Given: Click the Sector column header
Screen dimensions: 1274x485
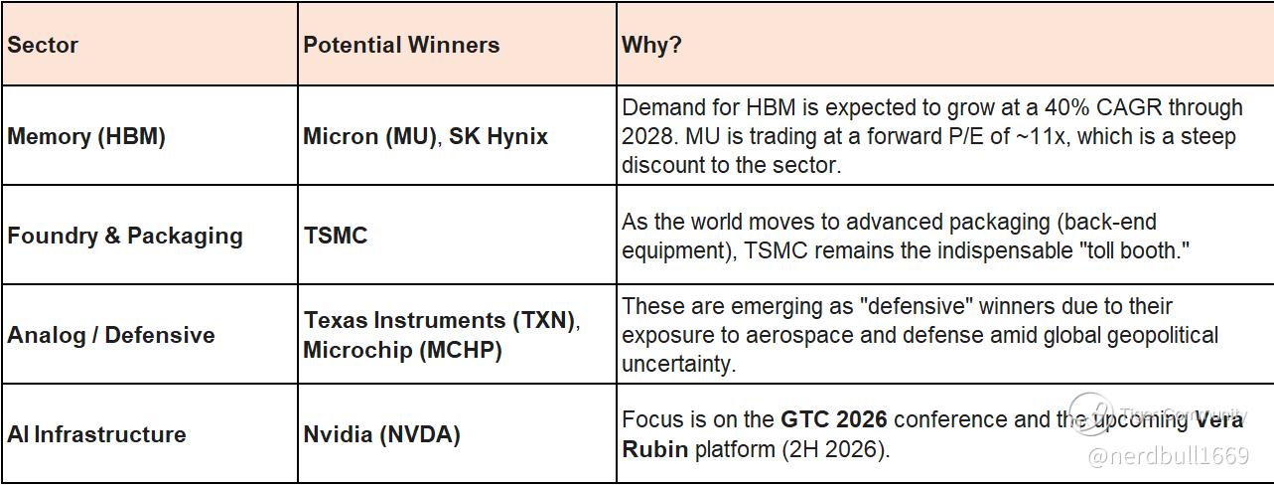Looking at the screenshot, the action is coord(43,45).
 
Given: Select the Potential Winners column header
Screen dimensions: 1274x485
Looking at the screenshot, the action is coord(401,45).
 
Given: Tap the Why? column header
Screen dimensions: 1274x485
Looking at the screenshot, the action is coord(651,45).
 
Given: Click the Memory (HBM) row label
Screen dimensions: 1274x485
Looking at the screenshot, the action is coord(85,136).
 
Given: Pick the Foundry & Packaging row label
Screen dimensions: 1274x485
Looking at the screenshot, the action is coord(124,236).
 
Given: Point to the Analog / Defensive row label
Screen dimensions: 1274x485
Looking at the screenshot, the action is coord(111,335).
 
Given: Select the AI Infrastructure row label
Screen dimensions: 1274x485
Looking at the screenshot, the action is coord(96,434).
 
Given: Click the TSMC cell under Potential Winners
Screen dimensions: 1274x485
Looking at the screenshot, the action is coord(336,236).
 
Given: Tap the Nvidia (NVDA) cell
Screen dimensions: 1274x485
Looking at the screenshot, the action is coord(381,435).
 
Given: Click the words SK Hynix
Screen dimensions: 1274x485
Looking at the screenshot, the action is coord(498,136).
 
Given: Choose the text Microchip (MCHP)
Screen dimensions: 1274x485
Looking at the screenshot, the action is coord(403,350).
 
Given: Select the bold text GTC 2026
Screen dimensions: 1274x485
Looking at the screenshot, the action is coord(834,419).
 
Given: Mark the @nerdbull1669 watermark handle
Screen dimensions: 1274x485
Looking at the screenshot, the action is coord(1168,456).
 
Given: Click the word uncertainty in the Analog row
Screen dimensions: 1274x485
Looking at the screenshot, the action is coord(678,364).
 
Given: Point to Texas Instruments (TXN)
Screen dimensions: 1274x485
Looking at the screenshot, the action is coord(441,320).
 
